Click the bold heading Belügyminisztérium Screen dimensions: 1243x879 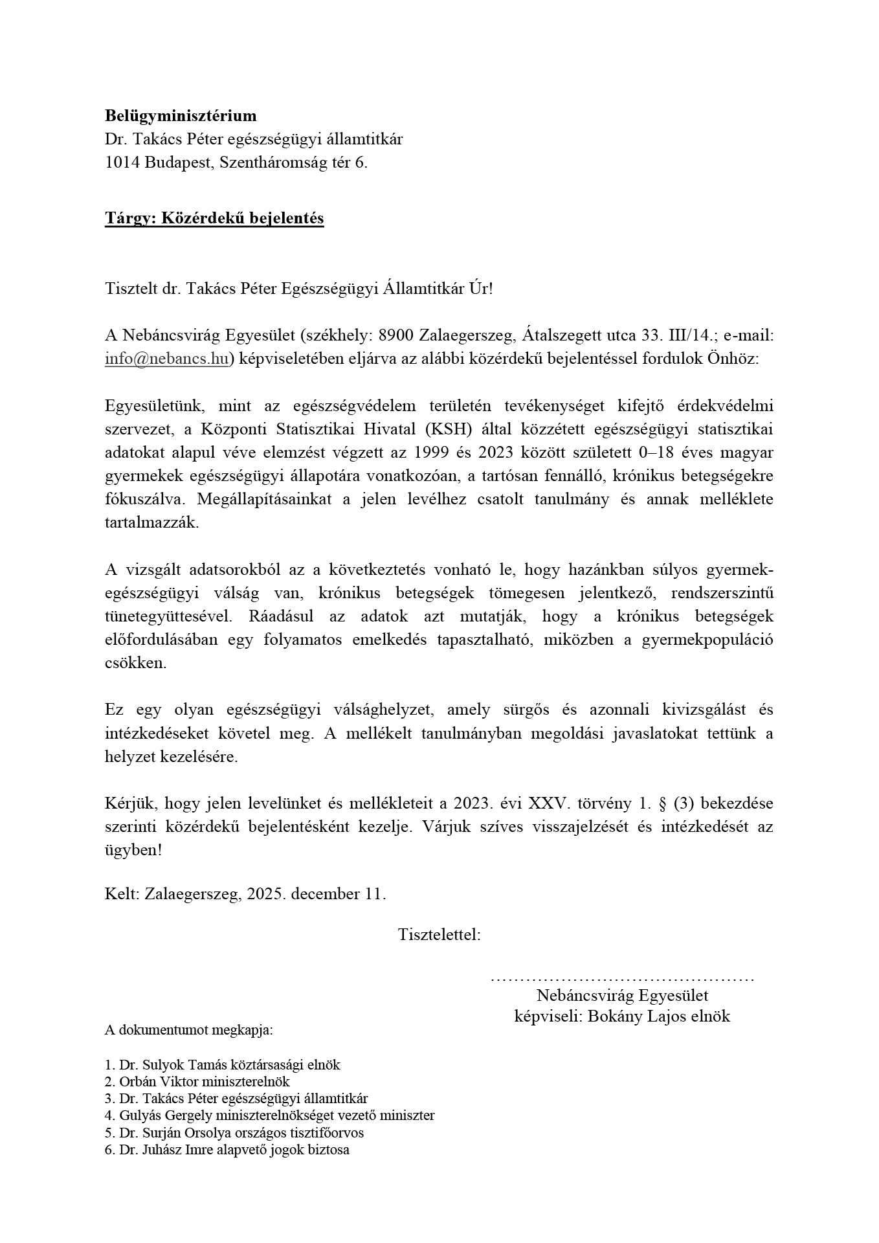[181, 116]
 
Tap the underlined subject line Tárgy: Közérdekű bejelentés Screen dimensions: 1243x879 [214, 218]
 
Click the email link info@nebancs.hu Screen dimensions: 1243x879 [166, 359]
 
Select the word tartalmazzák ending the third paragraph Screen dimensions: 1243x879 [151, 523]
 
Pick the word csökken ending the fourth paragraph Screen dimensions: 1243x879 [135, 664]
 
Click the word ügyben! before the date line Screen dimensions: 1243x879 [133, 851]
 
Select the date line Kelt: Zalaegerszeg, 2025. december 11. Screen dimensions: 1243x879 [245, 894]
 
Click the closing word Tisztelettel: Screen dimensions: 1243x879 [439, 935]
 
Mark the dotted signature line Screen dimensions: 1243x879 [622, 978]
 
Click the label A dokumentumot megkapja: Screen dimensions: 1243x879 [189, 1030]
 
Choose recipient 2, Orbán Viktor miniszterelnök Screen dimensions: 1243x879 [197, 1082]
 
